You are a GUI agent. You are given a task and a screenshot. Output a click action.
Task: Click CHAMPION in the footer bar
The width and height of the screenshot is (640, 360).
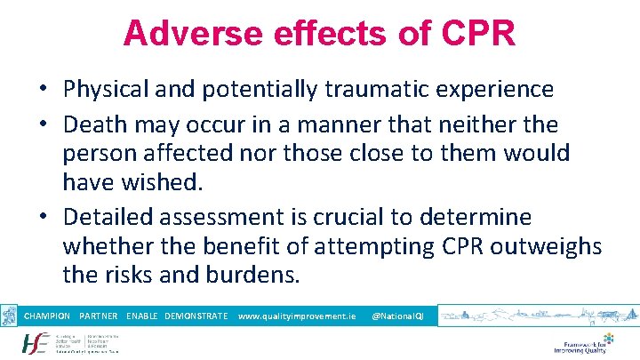point(47,316)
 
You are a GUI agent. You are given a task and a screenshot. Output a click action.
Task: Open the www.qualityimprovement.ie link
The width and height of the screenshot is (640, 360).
point(297,316)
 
